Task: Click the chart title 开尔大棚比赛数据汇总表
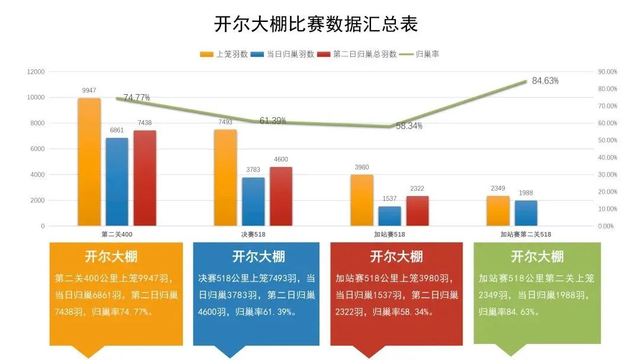coord(316,24)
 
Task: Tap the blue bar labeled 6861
coord(117,181)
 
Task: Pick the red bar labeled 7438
coord(144,178)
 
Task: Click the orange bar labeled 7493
coord(225,178)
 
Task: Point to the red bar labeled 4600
coord(281,196)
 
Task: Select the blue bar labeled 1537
coord(390,216)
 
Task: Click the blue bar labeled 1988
coord(526,213)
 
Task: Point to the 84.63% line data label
coord(545,81)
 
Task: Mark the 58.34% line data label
coord(409,126)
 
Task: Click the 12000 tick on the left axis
coord(35,72)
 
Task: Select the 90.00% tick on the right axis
coord(607,72)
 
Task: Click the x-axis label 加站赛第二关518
coord(525,234)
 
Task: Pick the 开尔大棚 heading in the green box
coord(537,256)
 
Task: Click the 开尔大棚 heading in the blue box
coord(259,256)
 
